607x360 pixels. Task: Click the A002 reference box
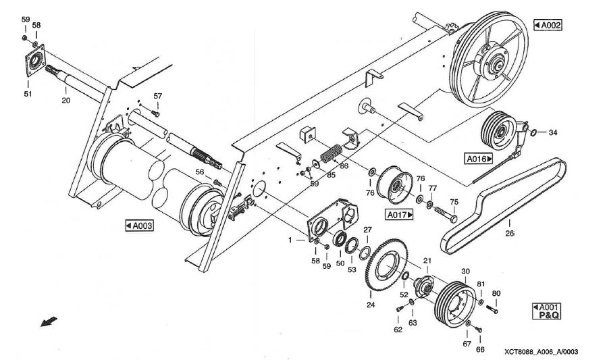(548, 25)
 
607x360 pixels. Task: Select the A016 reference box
(479, 159)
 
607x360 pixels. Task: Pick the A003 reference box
(139, 225)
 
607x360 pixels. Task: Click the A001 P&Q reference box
(547, 310)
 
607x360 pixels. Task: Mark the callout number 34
(552, 132)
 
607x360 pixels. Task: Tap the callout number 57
(157, 97)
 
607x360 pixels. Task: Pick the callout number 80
(496, 293)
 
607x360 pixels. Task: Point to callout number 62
(398, 330)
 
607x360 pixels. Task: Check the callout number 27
(367, 230)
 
